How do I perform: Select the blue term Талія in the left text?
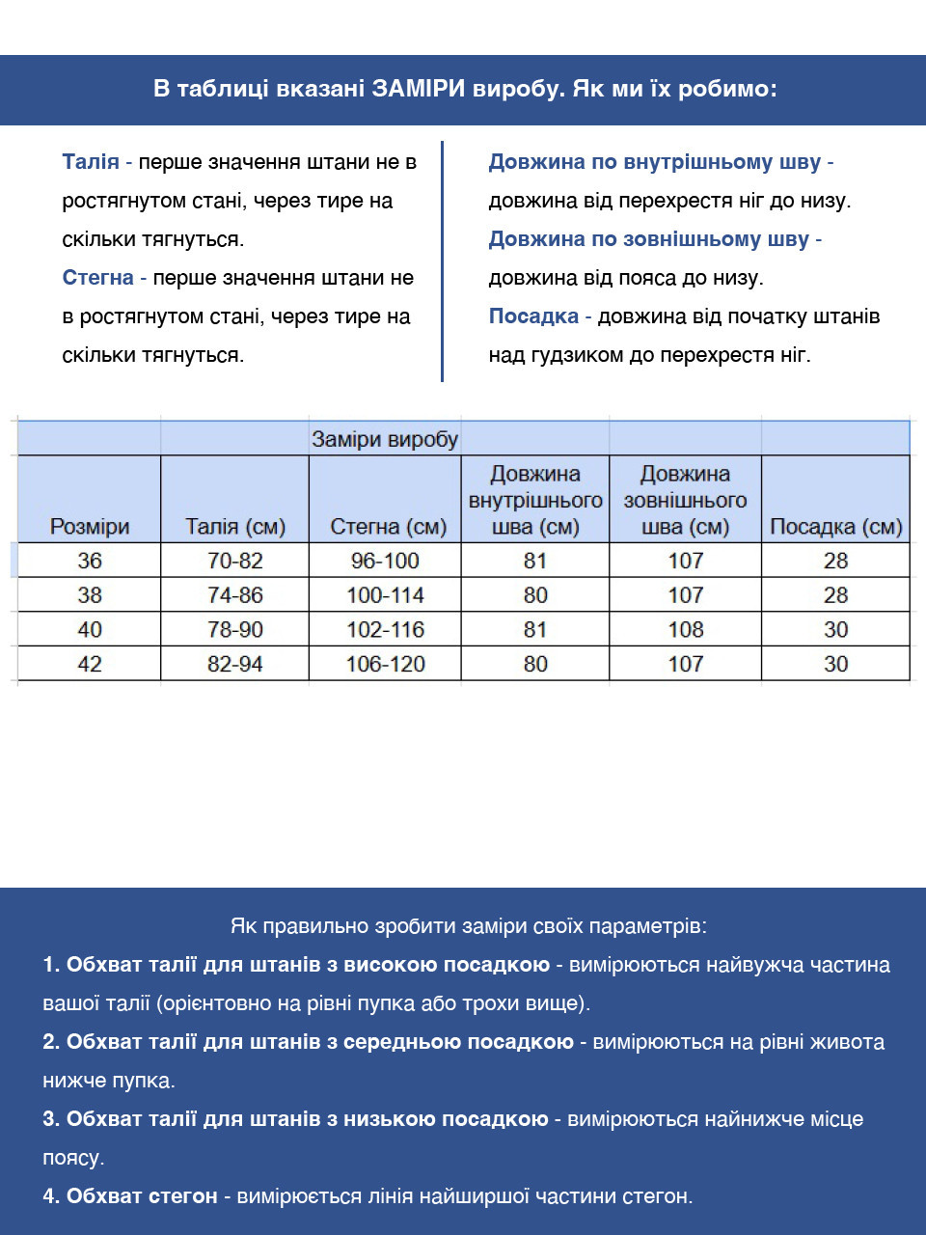[x=91, y=162]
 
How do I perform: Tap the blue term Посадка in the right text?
[x=533, y=316]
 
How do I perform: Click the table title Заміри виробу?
[x=385, y=440]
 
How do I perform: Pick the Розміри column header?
[x=90, y=527]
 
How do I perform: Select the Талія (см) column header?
[x=235, y=527]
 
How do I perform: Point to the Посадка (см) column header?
[x=835, y=527]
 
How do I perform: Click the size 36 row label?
[x=90, y=561]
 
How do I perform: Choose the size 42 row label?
[x=90, y=664]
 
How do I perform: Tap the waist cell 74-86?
[x=235, y=595]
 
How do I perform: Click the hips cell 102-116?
[x=385, y=630]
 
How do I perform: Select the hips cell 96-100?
[x=385, y=561]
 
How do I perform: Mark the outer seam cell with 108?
[x=686, y=630]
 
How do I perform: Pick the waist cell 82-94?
[x=235, y=664]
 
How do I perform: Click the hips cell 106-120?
[x=385, y=664]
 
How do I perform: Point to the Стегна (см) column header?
[x=388, y=527]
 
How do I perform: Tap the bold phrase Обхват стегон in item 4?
[x=142, y=1196]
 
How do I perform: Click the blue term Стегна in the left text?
[x=97, y=278]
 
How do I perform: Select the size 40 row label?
[x=90, y=630]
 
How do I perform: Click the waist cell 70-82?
[x=235, y=561]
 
